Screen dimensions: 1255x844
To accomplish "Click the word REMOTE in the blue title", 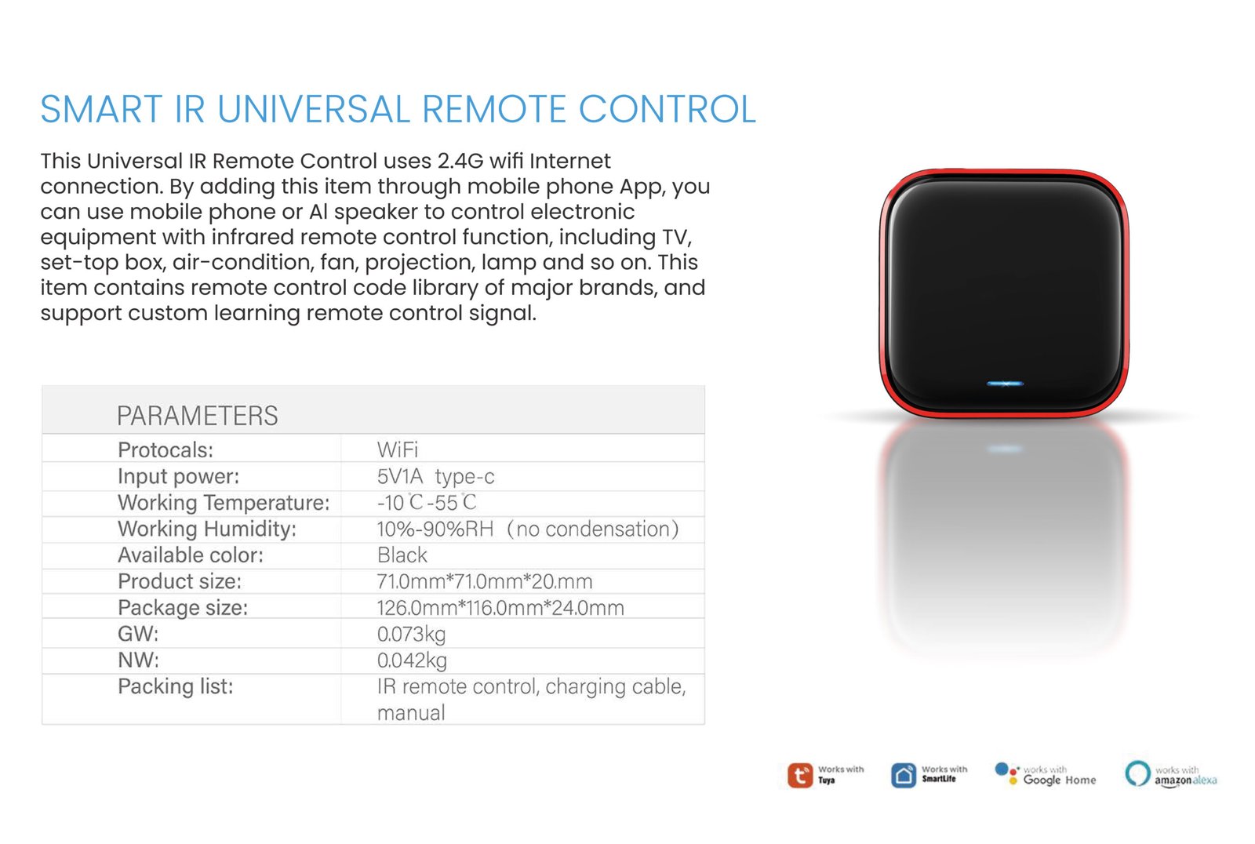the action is coord(493,109).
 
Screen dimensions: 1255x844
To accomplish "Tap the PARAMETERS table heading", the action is coord(197,415).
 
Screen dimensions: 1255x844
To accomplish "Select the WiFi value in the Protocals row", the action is coord(397,449).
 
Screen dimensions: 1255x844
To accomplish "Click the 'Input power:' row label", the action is coord(178,476).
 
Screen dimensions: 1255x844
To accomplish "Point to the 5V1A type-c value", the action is coord(435,476).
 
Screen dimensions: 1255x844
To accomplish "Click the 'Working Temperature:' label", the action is coord(224,503).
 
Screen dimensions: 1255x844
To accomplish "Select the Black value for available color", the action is coord(402,555).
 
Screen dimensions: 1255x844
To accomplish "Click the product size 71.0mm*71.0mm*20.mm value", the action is coord(485,581).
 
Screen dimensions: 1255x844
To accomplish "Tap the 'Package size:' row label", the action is coord(183,607).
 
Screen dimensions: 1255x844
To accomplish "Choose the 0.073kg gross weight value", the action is coord(411,634).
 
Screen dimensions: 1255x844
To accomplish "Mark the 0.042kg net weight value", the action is coord(412,660).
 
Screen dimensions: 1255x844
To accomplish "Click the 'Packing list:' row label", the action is coord(176,686).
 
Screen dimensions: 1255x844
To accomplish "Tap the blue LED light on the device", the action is coord(1005,384).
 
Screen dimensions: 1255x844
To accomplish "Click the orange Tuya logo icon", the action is coord(800,775).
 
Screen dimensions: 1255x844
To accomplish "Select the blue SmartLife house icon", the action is coord(904,775).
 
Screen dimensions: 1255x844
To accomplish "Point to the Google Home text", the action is coord(1060,780).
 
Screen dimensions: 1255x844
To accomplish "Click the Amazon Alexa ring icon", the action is coord(1138,773).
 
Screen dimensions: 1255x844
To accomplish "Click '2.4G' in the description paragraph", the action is coord(460,161).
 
